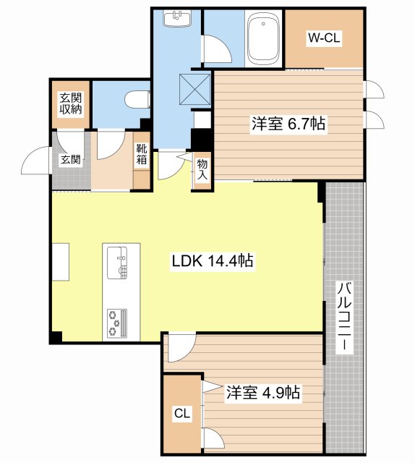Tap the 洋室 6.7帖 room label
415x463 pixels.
coord(288,124)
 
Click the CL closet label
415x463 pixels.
coord(181,415)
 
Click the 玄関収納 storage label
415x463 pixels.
coord(70,104)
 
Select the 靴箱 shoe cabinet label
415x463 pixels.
coord(142,154)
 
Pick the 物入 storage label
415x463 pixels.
coord(202,170)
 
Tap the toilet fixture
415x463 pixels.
coord(137,98)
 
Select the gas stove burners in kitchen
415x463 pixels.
coord(116,323)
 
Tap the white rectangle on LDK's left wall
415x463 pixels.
coord(59,260)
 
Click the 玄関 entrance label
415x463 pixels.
coord(69,160)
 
